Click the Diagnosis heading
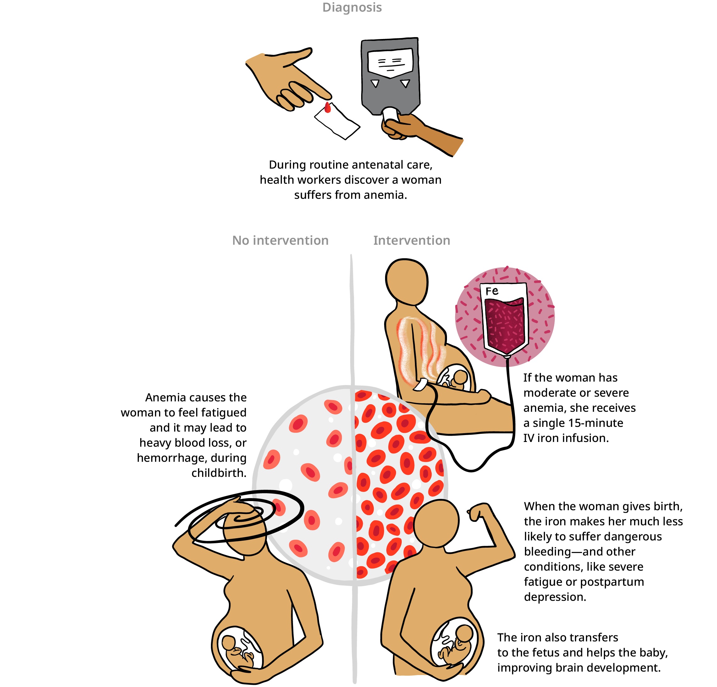[x=352, y=7]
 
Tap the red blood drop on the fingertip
[x=328, y=108]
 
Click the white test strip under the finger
[x=338, y=123]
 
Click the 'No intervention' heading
[x=280, y=240]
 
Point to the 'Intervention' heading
[x=411, y=240]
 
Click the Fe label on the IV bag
[x=492, y=291]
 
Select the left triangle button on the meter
[x=375, y=83]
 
